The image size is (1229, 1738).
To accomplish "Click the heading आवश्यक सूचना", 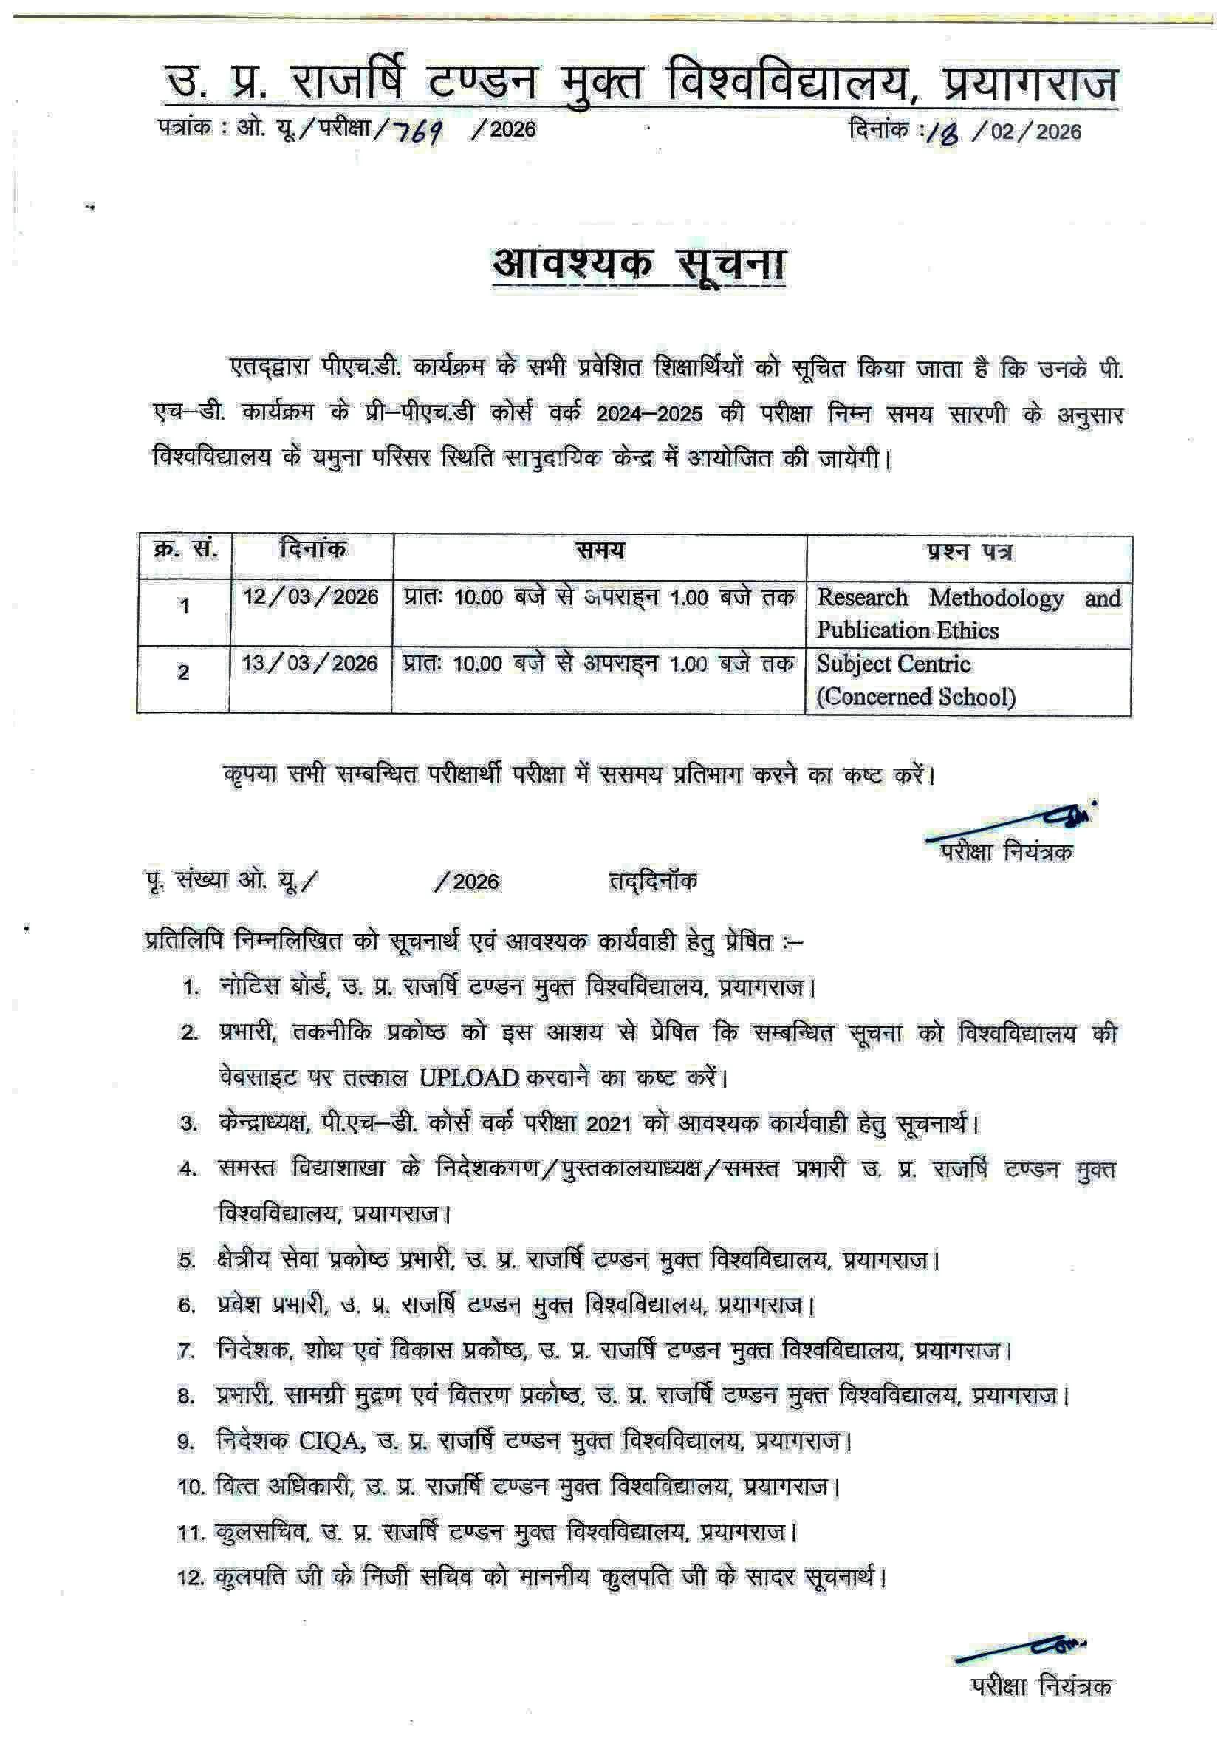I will click(x=639, y=265).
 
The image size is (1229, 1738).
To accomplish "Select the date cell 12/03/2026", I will click(x=310, y=597).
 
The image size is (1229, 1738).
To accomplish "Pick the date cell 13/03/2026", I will click(x=309, y=664).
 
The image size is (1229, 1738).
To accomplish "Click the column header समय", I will click(x=600, y=551).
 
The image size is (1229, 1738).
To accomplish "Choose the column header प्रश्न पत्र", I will click(x=969, y=552).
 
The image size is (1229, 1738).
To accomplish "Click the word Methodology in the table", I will click(x=996, y=598).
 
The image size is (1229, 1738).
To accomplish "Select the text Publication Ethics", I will click(x=907, y=630).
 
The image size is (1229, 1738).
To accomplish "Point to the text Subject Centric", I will click(x=893, y=664).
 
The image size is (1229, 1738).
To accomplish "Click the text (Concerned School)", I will click(x=916, y=696).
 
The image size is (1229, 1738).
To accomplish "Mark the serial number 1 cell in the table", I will click(x=184, y=607).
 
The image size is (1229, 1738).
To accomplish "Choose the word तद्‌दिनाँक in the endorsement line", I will click(x=653, y=881).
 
